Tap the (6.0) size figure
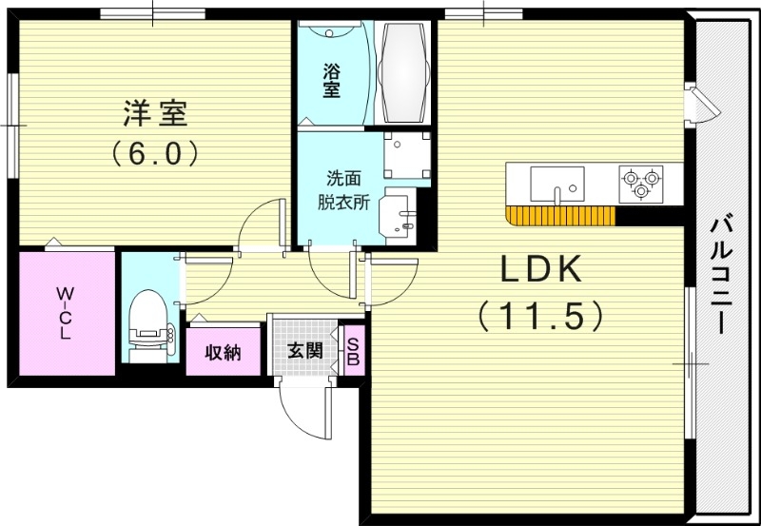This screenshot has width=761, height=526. [x=154, y=151]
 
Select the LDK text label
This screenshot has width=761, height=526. [x=541, y=271]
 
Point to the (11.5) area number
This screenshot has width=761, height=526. [x=541, y=315]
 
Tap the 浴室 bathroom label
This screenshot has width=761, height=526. [x=331, y=80]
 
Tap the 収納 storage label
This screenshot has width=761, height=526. [x=224, y=353]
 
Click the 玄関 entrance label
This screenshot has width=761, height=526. [x=304, y=351]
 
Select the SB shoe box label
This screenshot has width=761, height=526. [x=352, y=352]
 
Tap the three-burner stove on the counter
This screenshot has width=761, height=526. [x=640, y=182]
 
